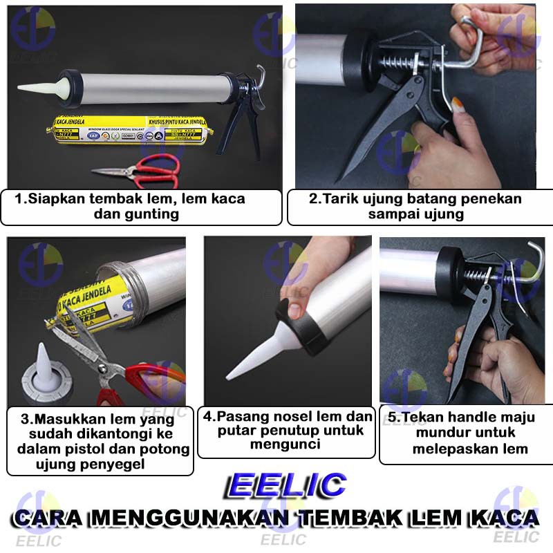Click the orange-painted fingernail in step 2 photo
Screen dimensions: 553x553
[x=457, y=104]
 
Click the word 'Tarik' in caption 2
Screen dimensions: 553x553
[x=342, y=199]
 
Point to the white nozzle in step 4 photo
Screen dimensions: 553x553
[x=256, y=359]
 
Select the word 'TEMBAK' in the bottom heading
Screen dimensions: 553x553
[x=353, y=518]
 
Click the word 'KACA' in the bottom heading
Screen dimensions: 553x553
[x=502, y=518]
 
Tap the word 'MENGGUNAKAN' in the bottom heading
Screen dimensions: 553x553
[x=194, y=518]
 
